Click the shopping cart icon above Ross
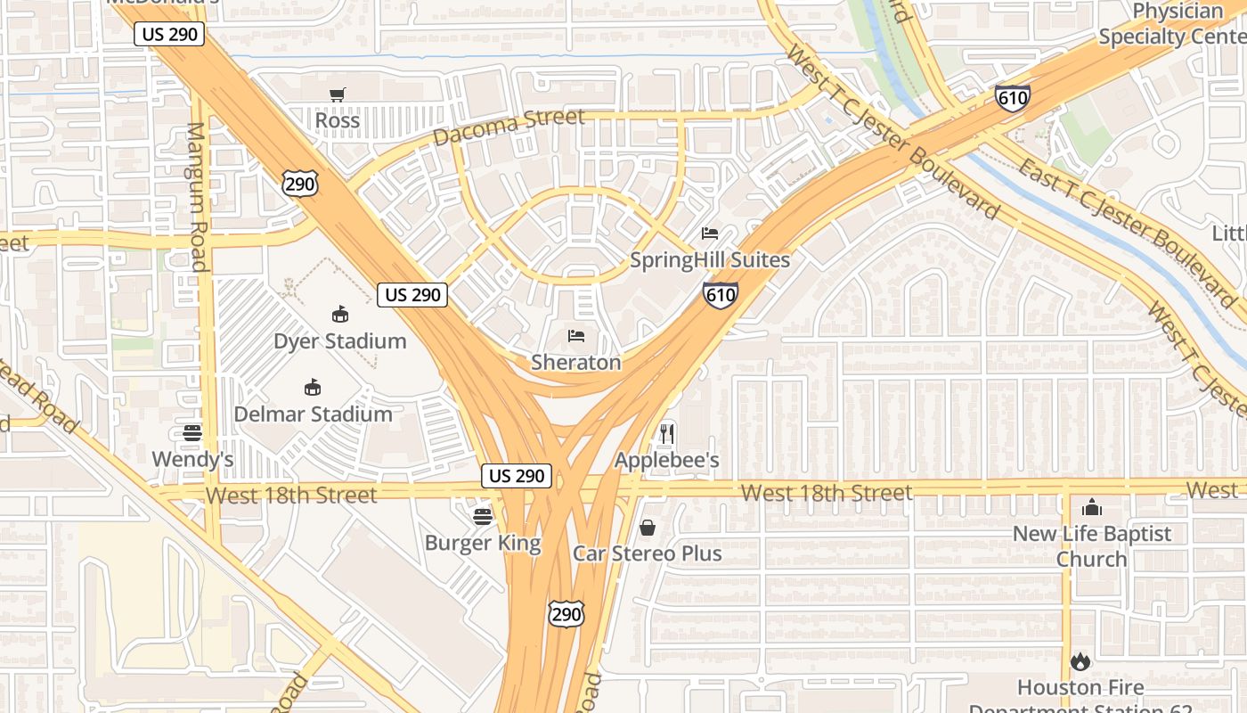coord(338,94)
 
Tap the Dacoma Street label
coord(509,127)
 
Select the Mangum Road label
coord(196,196)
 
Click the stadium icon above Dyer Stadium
coord(339,314)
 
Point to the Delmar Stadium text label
coord(313,414)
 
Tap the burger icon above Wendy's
coord(192,433)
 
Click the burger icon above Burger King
coord(483,516)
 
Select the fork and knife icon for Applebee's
coord(666,434)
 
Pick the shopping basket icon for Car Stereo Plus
coord(648,528)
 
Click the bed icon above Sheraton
coord(576,336)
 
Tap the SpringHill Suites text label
coord(710,260)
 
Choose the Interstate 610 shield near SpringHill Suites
coord(720,295)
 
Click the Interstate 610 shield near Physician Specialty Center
coord(1013,97)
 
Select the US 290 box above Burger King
coord(517,476)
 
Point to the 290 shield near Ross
coord(298,184)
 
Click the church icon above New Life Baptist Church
coord(1091,508)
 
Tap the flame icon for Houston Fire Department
coord(1080,661)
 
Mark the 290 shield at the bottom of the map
coord(566,613)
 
